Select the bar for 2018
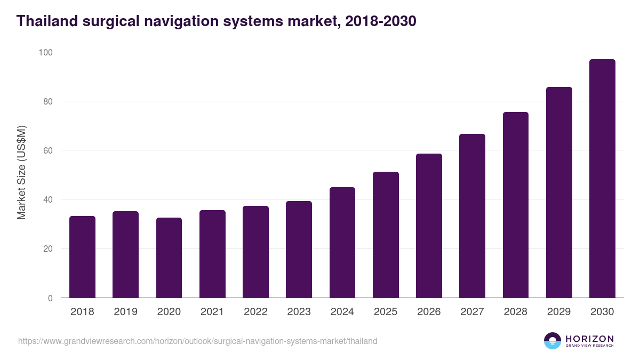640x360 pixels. click(x=82, y=257)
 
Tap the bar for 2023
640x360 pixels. click(x=299, y=250)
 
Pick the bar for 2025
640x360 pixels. click(x=386, y=235)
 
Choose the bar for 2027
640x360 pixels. click(x=472, y=216)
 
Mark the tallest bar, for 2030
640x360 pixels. click(x=602, y=179)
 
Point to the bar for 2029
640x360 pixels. click(x=559, y=193)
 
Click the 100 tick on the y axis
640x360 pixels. click(x=45, y=52)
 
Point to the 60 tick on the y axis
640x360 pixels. click(x=47, y=150)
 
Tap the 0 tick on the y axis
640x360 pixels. click(x=50, y=298)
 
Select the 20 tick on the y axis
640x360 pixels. click(x=47, y=249)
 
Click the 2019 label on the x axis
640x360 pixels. click(x=125, y=312)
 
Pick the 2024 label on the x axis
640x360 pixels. click(x=342, y=312)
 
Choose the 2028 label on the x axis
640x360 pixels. click(x=515, y=312)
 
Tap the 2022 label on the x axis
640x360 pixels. click(x=255, y=312)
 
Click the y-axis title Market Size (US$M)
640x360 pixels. click(x=22, y=172)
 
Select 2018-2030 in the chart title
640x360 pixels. click(x=381, y=21)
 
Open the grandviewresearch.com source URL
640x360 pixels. click(x=198, y=341)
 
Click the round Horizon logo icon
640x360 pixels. click(x=552, y=341)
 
